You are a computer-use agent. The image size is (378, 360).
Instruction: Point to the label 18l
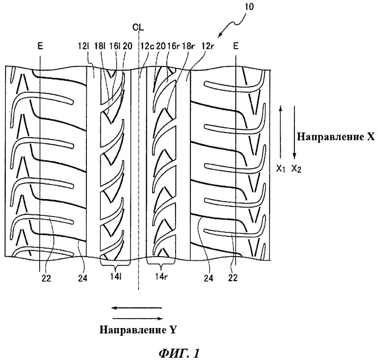point(100,45)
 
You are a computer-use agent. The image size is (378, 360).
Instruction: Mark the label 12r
point(207,45)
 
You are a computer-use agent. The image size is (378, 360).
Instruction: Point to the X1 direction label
point(282,168)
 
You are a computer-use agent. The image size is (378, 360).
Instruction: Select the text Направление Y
point(138,329)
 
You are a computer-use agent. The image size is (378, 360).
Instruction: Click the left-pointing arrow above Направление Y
point(137,308)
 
